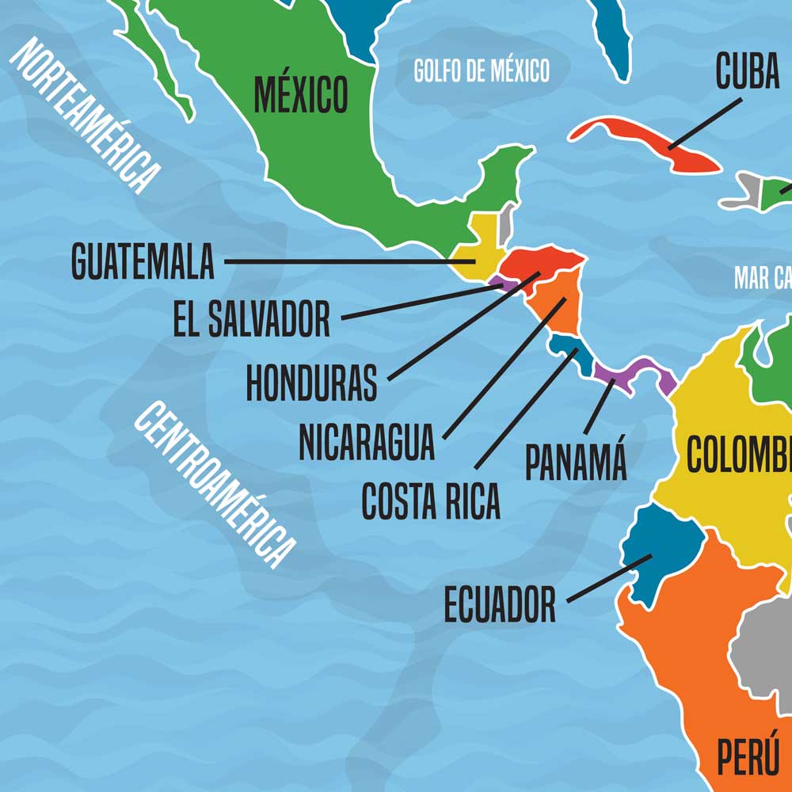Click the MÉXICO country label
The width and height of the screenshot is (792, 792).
click(300, 94)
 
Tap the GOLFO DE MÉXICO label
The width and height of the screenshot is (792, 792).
click(482, 70)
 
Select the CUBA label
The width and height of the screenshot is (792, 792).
click(747, 71)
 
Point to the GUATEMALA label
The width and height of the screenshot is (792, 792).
click(143, 261)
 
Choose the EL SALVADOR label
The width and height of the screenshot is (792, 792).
click(251, 318)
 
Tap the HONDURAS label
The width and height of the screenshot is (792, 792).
click(311, 383)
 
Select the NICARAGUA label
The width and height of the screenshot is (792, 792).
click(367, 442)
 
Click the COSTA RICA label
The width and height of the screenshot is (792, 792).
click(431, 501)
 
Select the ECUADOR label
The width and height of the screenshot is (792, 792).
click(500, 605)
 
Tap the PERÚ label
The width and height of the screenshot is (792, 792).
click(748, 756)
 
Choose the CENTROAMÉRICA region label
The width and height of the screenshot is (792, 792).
click(213, 484)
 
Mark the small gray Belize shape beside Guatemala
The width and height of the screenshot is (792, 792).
click(506, 223)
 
